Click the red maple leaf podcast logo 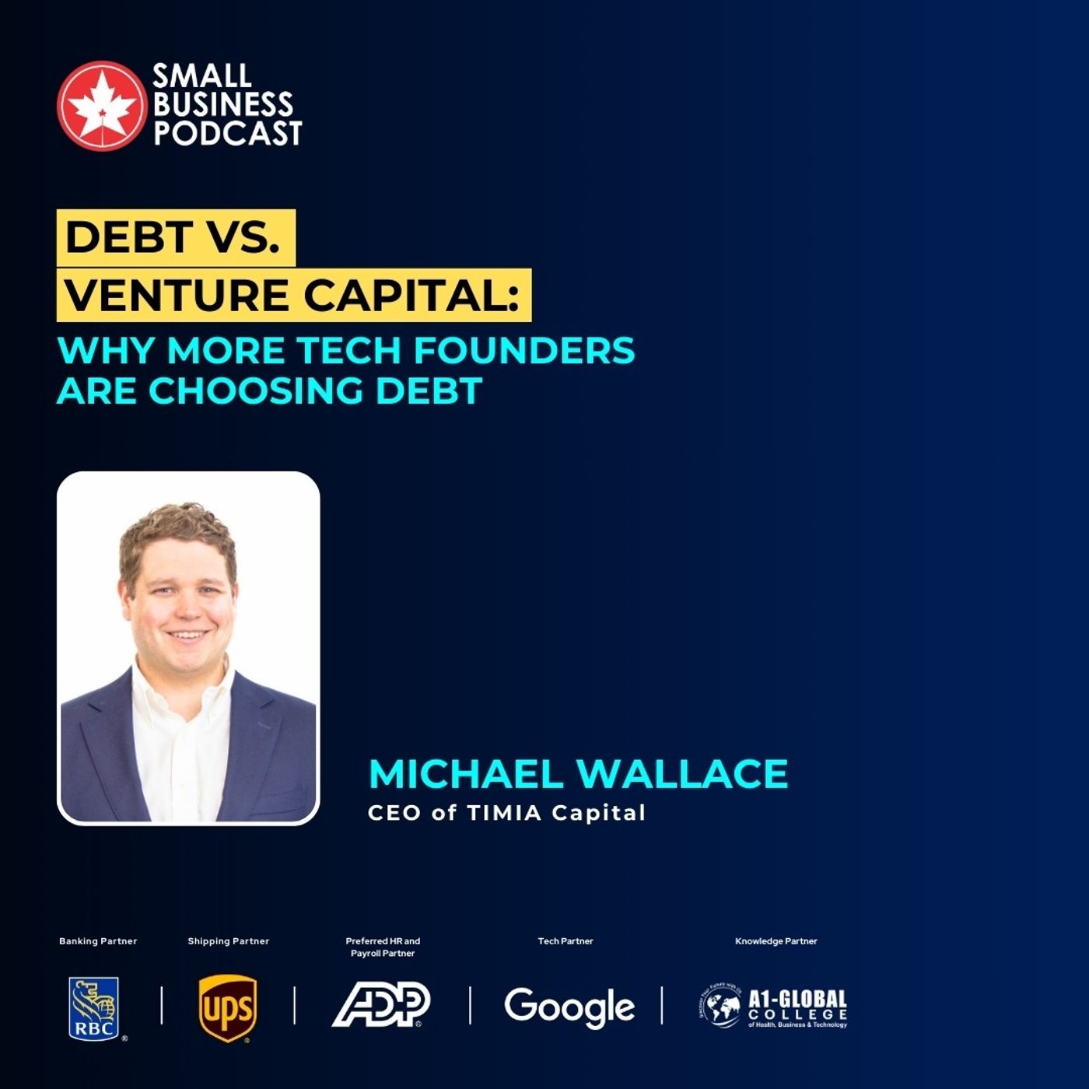[x=101, y=105]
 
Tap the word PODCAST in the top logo [x=227, y=134]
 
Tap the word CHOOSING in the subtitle [x=256, y=390]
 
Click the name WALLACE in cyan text [x=682, y=773]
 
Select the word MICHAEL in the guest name [x=466, y=773]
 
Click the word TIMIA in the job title [x=504, y=813]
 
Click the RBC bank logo [x=95, y=1009]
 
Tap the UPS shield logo [x=227, y=1008]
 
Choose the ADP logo [x=381, y=1004]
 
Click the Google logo [x=569, y=1007]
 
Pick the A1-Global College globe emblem [x=720, y=1007]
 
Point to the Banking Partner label [x=98, y=941]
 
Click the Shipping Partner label [x=228, y=941]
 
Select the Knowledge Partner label [x=776, y=941]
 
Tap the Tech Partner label [x=566, y=941]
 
